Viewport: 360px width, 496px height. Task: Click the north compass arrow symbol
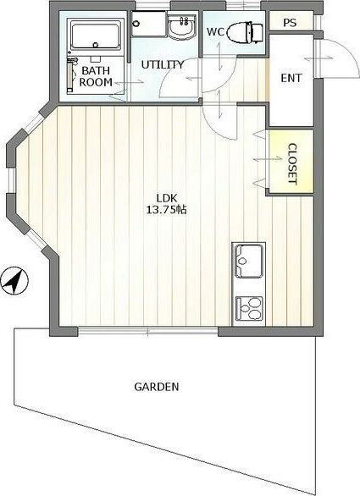coord(14,280)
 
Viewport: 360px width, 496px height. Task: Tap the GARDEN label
coord(157,387)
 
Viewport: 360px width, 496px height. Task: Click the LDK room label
coord(167,198)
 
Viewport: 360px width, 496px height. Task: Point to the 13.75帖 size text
coord(166,209)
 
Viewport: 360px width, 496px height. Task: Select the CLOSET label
coord(292,164)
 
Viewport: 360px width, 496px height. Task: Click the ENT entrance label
coord(291,78)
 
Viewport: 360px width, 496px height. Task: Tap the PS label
coord(290,23)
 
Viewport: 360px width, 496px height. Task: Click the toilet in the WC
coord(245,32)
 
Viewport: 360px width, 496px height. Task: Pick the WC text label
coord(216,31)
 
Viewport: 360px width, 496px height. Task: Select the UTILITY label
coord(163,65)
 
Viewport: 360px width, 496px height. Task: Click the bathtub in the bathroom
coord(96,35)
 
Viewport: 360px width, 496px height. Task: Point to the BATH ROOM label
coord(96,76)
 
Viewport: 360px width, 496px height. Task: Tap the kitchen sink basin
coord(248,261)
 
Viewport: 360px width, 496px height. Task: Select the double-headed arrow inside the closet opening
coord(268,159)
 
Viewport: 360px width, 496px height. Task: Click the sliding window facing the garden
coord(147,331)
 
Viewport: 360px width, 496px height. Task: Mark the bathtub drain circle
coord(96,45)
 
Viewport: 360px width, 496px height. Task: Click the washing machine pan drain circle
coord(136,24)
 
